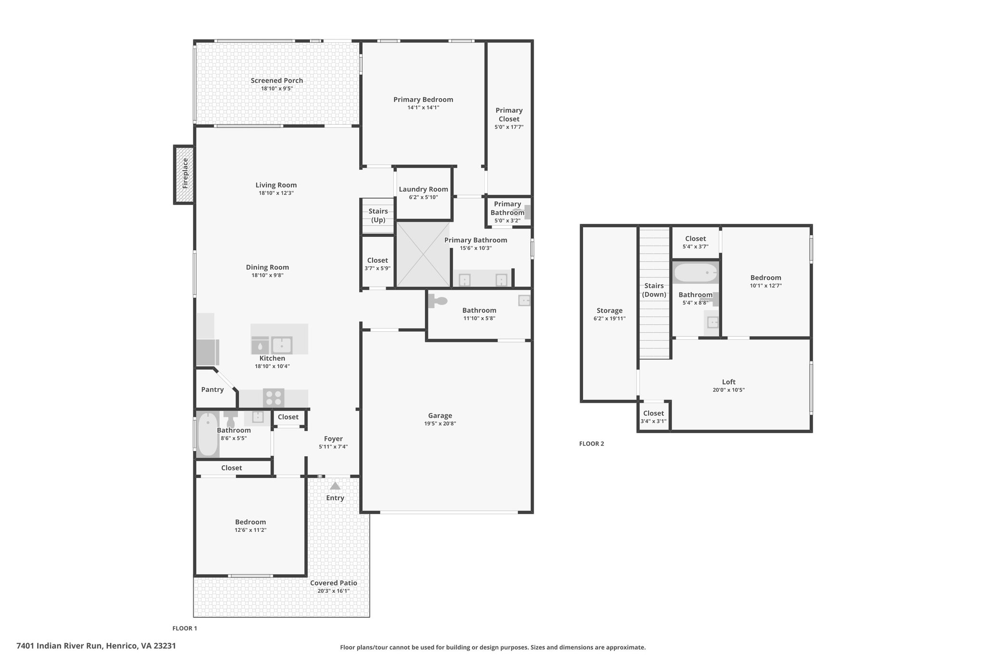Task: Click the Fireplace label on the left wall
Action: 185,173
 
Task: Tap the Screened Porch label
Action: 277,80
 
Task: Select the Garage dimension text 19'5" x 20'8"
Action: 440,424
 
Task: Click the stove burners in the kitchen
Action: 273,398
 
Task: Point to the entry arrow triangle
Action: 335,486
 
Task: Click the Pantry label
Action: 212,389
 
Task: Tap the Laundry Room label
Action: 423,189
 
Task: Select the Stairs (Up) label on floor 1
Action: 378,216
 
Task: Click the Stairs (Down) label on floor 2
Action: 654,290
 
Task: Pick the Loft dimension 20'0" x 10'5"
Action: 728,390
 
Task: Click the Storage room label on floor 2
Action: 610,310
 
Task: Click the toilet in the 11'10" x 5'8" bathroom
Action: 438,301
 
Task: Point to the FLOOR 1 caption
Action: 185,628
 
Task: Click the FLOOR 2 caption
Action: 592,444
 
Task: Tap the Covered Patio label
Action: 334,583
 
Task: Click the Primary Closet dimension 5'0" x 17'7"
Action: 509,127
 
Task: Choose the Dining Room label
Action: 267,267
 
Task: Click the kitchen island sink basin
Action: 281,345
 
